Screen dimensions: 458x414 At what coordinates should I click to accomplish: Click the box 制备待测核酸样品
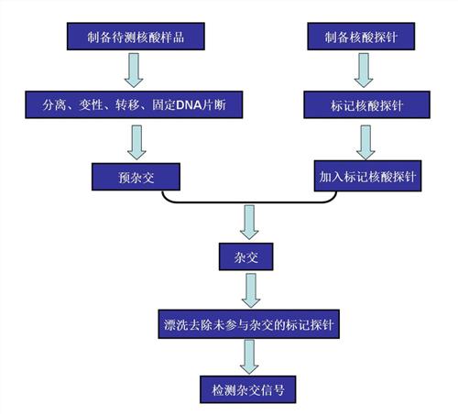point(136,37)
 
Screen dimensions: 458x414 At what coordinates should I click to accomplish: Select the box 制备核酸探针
point(361,37)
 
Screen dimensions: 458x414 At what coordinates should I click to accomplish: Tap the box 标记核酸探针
point(366,104)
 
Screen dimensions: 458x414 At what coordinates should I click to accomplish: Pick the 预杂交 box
point(136,177)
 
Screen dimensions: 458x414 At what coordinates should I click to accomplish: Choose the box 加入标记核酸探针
point(367,176)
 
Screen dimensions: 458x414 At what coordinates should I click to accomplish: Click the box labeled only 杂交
point(245,256)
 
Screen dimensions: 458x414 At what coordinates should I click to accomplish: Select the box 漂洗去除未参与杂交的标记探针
point(248,324)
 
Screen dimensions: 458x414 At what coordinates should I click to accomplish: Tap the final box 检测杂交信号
point(248,389)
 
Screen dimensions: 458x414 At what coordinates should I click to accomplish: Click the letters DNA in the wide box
point(190,105)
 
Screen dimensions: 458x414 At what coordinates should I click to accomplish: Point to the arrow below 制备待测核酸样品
point(134,71)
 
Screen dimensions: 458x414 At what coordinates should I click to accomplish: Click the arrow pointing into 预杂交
point(136,142)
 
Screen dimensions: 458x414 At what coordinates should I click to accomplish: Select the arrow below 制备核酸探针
point(364,71)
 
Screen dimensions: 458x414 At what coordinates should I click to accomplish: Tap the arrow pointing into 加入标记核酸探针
point(365,142)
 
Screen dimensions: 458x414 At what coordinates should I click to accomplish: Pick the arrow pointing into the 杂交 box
point(249,223)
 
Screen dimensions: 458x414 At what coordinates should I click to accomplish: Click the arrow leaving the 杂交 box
point(251,290)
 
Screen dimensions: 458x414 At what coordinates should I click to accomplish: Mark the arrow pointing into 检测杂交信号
point(249,357)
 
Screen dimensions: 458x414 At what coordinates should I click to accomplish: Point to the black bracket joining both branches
point(249,202)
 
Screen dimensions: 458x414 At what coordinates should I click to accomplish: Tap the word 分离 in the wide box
point(54,105)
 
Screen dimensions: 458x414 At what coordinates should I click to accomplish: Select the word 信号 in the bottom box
point(272,390)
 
